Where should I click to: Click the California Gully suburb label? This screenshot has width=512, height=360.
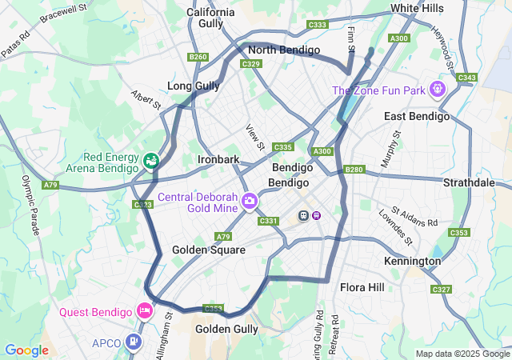coord(210,18)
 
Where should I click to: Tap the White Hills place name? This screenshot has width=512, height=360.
coord(416,8)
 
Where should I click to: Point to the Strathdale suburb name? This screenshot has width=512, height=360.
coord(469,182)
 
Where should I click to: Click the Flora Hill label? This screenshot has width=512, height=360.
coord(362,287)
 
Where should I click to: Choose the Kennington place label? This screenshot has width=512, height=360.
coord(412,262)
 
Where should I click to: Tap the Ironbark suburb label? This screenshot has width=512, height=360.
coord(218,159)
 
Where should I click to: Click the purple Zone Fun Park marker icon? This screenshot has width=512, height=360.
coord(437,89)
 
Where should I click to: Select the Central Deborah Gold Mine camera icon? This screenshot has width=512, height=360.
coord(250,199)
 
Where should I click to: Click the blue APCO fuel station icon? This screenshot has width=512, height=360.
coord(133,342)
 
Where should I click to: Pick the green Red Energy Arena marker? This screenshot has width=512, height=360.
coord(150,161)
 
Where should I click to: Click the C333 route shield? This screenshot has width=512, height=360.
coord(318,25)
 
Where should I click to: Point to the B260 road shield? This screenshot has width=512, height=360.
coord(198,57)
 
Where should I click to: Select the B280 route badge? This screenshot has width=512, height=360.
coord(354,170)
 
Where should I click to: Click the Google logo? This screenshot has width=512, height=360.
coord(26,350)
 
